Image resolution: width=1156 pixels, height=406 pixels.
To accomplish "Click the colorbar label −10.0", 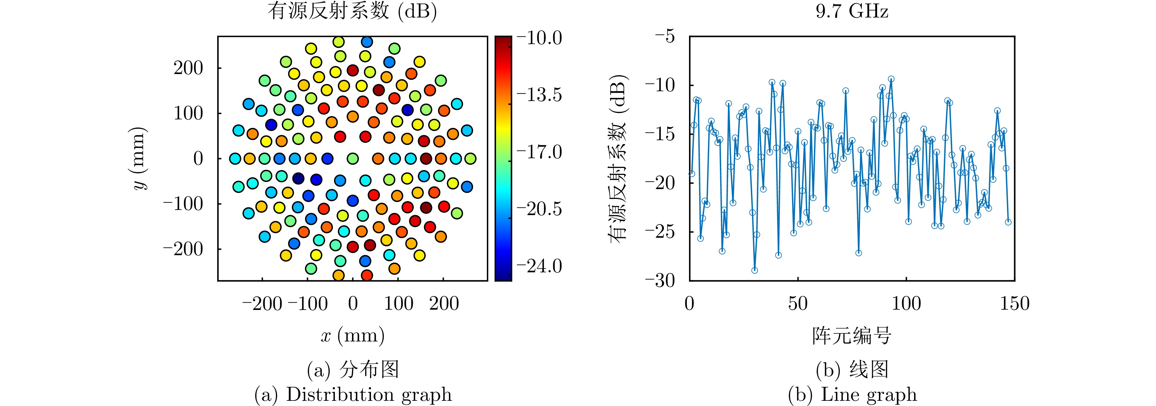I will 540,38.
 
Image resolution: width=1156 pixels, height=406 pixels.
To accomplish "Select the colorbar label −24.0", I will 540,266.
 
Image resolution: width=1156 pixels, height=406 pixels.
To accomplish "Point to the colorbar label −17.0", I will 540,152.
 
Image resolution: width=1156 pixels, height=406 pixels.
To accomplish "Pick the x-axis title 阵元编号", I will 852,336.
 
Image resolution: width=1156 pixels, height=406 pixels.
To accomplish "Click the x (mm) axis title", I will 353,336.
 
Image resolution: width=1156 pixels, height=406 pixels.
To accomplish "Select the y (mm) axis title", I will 139,158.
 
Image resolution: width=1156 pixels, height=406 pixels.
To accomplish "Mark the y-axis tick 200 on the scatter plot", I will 188,68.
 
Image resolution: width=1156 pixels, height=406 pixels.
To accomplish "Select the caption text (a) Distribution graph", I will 353,395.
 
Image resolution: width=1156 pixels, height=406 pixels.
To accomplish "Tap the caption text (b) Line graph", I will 852,395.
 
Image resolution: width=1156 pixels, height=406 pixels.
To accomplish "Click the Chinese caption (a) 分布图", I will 353,370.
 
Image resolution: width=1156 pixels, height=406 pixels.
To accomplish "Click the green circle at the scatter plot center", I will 353,158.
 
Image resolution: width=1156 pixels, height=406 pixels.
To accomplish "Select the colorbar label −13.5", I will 540,95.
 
